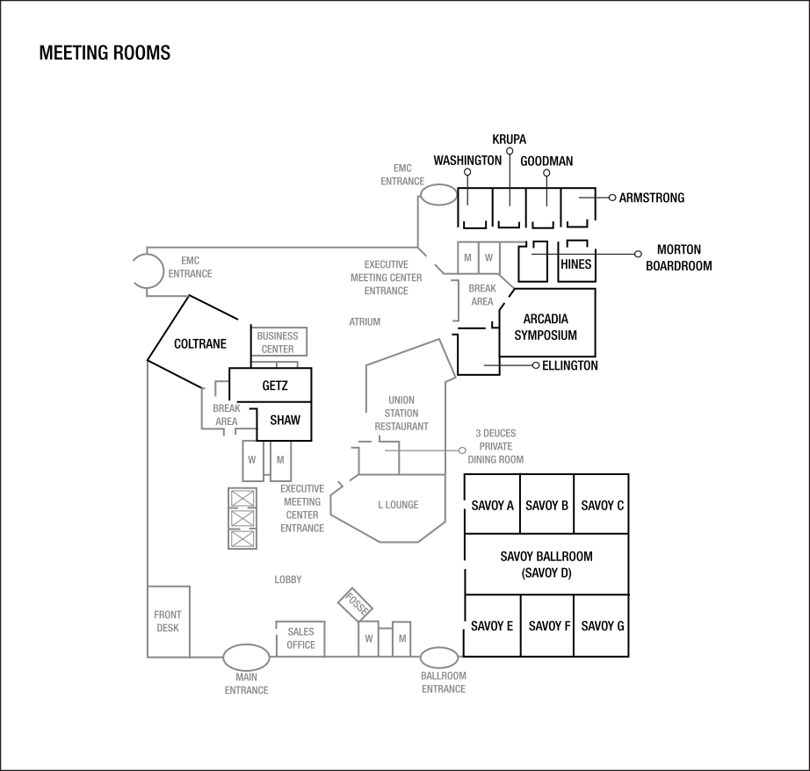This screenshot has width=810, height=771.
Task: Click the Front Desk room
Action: click(168, 621)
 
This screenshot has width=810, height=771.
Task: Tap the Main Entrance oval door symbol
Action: click(246, 657)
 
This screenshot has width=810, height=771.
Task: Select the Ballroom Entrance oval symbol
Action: click(439, 658)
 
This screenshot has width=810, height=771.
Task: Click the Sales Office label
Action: click(300, 638)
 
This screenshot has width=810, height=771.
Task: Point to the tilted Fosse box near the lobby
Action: click(356, 603)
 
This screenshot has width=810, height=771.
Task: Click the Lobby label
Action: click(288, 580)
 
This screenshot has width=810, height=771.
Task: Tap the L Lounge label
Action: click(398, 505)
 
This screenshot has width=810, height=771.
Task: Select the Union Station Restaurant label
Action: click(401, 413)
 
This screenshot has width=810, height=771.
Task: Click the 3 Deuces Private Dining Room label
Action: click(495, 446)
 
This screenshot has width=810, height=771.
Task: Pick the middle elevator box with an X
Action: click(242, 519)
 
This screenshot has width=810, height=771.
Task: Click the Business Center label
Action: click(278, 342)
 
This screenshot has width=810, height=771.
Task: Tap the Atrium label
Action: click(365, 322)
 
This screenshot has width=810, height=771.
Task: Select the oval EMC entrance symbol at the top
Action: click(438, 195)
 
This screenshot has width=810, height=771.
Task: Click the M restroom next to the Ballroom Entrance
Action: click(401, 638)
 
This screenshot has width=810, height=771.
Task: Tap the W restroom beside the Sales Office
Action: click(369, 638)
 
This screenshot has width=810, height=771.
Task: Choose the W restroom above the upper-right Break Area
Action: click(488, 257)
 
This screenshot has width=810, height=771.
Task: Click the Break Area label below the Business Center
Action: click(227, 415)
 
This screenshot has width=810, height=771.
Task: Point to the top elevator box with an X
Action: click(242, 499)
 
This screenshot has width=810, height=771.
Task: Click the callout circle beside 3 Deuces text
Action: click(462, 450)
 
